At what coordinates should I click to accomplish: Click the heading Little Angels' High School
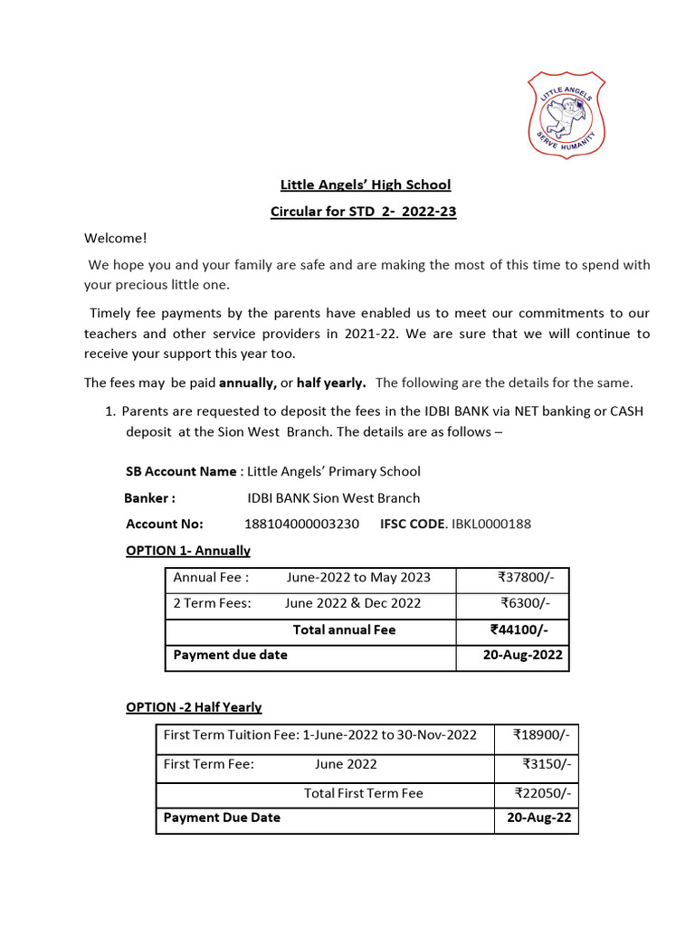point(365,185)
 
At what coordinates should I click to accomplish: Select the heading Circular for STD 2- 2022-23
point(365,213)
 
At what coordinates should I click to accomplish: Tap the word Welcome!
point(115,239)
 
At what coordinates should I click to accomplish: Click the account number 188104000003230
point(301,524)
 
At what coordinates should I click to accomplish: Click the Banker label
point(149,497)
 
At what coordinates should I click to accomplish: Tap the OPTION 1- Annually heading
point(187,550)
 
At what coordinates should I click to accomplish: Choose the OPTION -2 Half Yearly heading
point(194,707)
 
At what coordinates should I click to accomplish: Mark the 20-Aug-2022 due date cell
point(522,655)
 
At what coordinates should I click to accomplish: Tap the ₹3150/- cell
point(547,764)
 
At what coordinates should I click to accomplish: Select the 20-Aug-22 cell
point(538,817)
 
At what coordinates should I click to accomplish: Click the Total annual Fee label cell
point(344,629)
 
